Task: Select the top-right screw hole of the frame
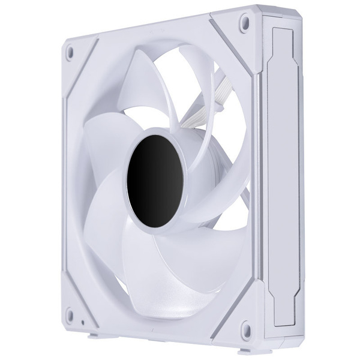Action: click(x=244, y=23)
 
